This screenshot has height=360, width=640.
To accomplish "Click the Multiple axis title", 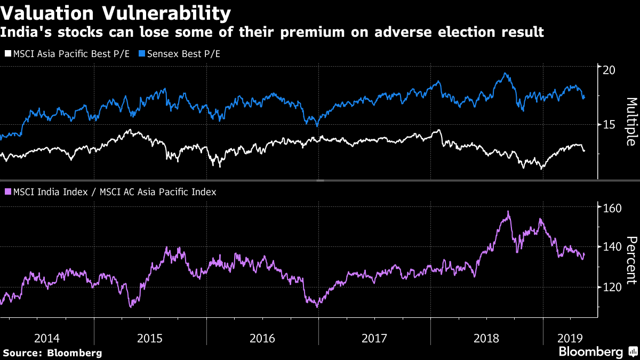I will pos(631,122).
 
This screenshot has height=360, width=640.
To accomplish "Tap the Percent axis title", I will pos(631,260).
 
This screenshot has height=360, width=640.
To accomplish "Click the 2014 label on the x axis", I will pos(47,338).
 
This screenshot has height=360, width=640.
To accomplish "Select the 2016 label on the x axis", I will pos(262,338).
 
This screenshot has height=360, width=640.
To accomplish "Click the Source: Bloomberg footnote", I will pos(52,353).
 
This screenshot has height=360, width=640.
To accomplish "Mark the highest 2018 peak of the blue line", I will pos(505,74).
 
